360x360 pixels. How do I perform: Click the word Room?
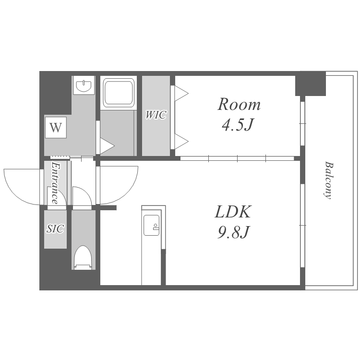tap(239, 105)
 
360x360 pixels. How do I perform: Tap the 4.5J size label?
tap(238, 125)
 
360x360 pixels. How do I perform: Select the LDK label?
tap(233, 212)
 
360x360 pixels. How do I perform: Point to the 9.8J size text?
tap(233, 232)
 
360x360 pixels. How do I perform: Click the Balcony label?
tap(329, 180)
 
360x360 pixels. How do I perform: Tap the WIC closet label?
tap(156, 115)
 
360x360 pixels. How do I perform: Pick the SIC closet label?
tap(55, 228)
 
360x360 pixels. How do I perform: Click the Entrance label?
tap(55, 183)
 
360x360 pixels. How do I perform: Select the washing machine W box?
tap(56, 127)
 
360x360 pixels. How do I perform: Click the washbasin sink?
tap(84, 85)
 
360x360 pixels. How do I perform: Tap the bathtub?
tap(119, 93)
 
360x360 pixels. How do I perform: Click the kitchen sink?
tap(152, 225)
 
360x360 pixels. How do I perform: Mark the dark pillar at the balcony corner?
tap(311, 84)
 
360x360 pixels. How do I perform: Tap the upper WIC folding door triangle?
tap(181, 93)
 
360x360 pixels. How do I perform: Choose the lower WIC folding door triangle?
tap(181, 142)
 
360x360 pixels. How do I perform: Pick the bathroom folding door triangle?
tap(107, 145)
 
